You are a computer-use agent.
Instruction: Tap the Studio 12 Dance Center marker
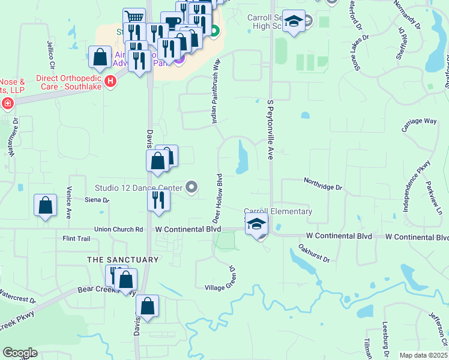point(191,188)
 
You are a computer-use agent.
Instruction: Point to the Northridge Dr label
point(322,187)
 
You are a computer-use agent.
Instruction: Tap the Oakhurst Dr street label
point(314,253)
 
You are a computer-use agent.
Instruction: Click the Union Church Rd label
point(119,229)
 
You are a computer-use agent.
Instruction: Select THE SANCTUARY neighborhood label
point(123,260)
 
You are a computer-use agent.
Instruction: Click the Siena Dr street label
point(97,200)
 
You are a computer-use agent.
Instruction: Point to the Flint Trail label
point(76,239)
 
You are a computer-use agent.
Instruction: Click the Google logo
point(20,353)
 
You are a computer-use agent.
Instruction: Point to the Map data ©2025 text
point(423,355)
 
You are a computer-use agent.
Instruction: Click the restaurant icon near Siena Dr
point(158,200)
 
